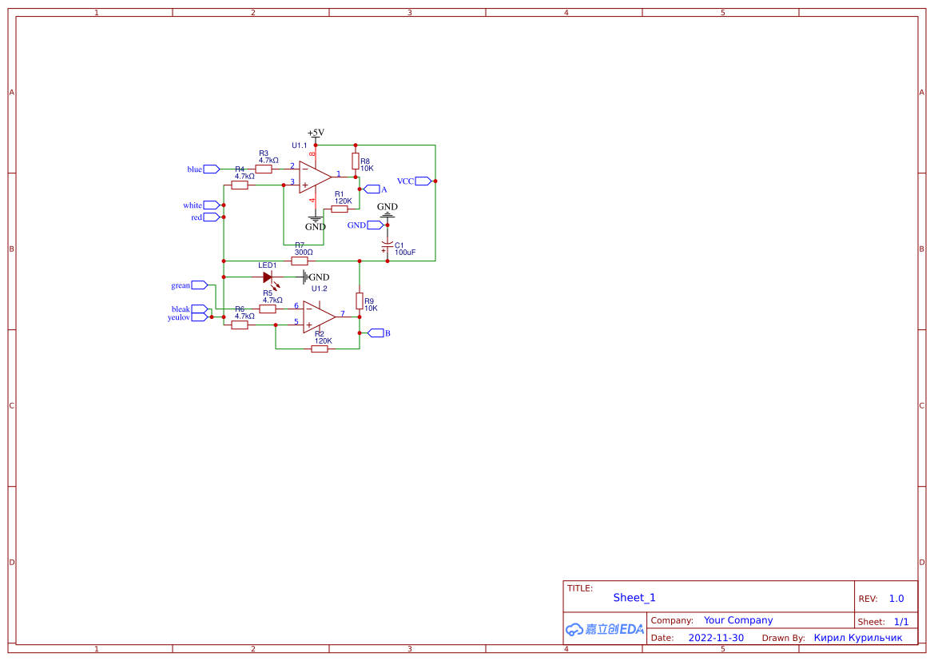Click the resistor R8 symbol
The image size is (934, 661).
[x=356, y=161]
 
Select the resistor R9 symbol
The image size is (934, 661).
[x=360, y=301]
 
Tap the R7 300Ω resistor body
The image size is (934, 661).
[x=300, y=261]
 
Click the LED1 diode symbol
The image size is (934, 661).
[x=268, y=277]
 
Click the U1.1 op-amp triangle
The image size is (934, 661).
[x=315, y=177]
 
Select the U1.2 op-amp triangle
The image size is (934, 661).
[x=318, y=317]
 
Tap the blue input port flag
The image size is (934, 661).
[x=211, y=169]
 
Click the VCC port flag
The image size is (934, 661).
[x=423, y=181]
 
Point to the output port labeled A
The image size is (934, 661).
[x=372, y=189]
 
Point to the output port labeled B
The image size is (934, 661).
[x=376, y=333]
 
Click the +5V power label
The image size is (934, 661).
[x=316, y=133]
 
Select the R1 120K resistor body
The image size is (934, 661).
[x=340, y=209]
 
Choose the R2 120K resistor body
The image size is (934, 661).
[x=320, y=348]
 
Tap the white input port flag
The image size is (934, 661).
[x=211, y=205]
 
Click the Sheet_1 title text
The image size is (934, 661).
[x=634, y=598]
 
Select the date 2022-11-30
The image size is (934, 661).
[x=715, y=638]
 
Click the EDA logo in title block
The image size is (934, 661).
[x=604, y=629]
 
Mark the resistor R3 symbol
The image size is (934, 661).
[x=264, y=169]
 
